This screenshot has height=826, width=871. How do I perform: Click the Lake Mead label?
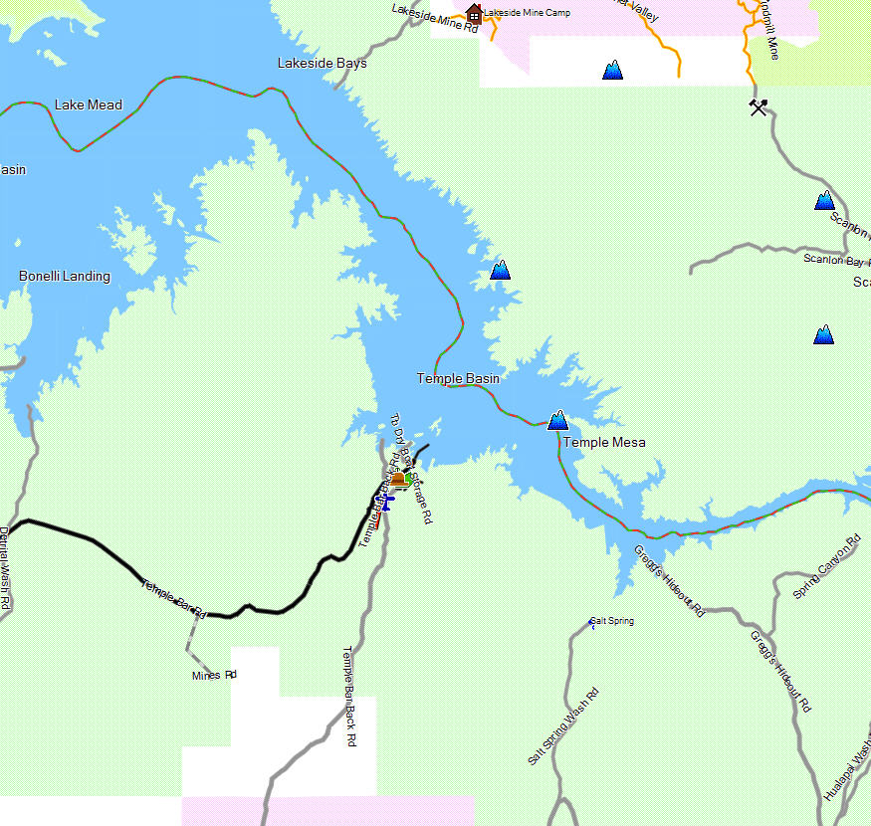point(89,105)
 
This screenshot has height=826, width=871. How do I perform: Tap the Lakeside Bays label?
point(322,64)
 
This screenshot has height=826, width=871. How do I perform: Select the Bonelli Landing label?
point(65,277)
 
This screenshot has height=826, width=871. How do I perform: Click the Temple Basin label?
point(458,378)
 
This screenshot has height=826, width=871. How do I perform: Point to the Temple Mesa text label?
point(604,443)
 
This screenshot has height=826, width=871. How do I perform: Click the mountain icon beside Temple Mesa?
point(557,421)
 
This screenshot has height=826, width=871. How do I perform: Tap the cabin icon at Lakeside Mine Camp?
point(474,13)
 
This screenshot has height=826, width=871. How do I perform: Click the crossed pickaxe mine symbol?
point(759,106)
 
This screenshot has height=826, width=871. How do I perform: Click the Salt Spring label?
point(612,622)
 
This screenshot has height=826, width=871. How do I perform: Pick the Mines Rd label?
point(214,676)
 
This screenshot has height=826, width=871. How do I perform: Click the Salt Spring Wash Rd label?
point(563,726)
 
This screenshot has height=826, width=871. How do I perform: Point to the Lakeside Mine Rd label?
point(435,20)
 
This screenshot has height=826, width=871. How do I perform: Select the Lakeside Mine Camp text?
point(528,13)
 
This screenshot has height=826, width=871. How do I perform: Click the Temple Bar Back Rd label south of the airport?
point(349,697)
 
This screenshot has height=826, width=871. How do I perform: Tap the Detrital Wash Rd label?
point(5,568)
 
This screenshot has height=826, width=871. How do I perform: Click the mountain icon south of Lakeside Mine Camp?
point(612,71)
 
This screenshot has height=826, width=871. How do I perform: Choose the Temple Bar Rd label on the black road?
point(173,598)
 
